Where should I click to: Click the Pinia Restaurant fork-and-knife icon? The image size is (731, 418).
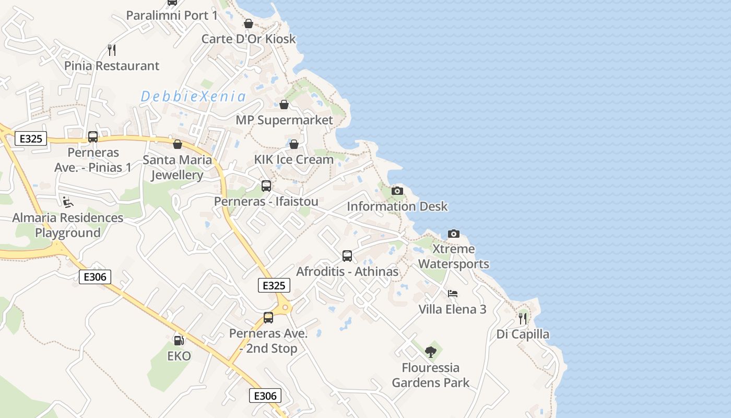pos(111,50)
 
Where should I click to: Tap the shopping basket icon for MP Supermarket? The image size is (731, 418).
pos(284,104)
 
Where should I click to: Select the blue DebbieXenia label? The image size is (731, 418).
pos(193,96)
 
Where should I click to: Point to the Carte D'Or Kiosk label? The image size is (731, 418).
pos(249,39)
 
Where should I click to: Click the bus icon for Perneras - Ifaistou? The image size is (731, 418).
pos(266,185)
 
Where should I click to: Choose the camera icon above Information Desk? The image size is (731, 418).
pos(397,191)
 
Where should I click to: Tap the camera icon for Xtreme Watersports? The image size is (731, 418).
pos(454,234)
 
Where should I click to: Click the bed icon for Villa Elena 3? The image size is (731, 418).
pos(453,294)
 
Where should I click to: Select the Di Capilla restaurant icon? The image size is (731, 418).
pos(523,318)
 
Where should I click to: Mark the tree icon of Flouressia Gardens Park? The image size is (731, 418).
pos(431,352)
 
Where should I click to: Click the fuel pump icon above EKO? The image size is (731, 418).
pos(179,341)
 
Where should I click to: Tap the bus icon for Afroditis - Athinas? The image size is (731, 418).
pos(347,256)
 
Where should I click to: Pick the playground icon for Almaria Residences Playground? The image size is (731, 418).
pos(67,201)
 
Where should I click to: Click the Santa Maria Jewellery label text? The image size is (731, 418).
pos(178,167)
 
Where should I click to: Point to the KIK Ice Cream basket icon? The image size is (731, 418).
pos(294,144)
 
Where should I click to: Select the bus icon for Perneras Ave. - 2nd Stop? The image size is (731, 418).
pos(268,317)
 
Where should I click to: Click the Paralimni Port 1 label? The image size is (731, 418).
pos(172,16)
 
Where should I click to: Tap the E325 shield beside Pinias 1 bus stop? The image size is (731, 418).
pos(31,138)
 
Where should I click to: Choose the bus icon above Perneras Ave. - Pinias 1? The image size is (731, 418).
pos(93,137)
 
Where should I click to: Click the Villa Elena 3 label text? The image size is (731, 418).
pos(452,309)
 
